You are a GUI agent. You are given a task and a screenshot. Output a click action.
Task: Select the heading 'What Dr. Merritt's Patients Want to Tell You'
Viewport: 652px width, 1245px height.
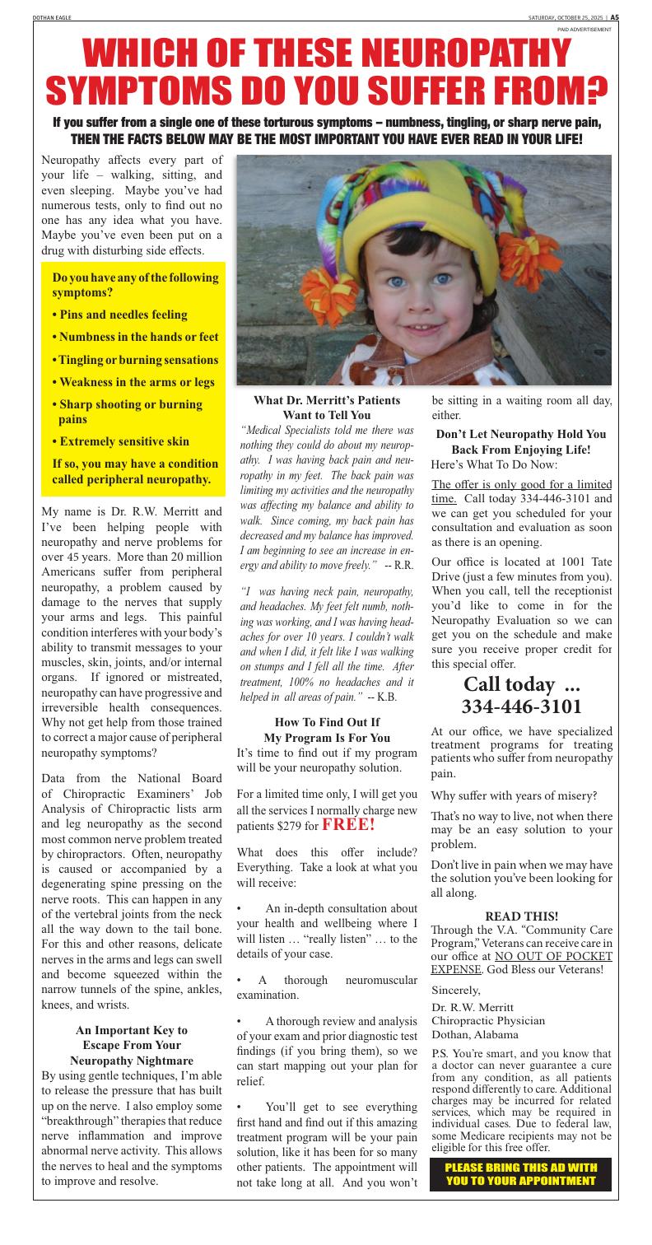point(327,407)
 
